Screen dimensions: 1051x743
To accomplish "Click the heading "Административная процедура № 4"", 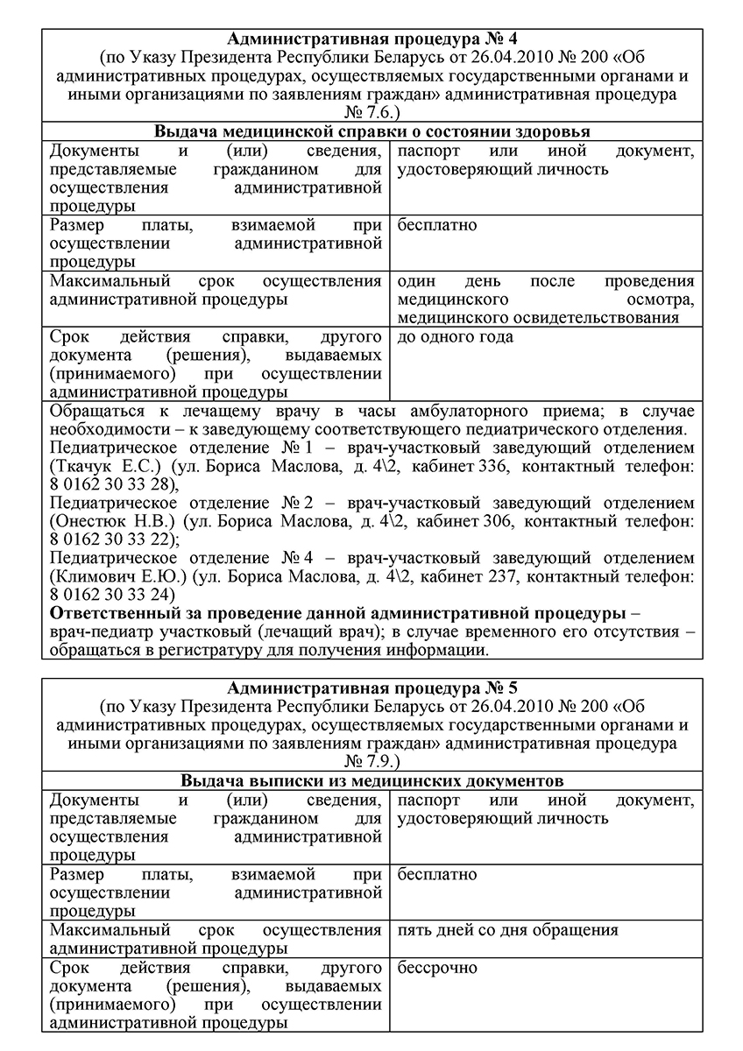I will pos(371,39).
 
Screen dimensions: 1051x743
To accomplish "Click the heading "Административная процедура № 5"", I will pos(371,688).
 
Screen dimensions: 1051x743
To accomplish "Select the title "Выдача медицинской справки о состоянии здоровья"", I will pos(371,131).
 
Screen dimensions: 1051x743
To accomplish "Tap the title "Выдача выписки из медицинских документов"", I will pos(371,780).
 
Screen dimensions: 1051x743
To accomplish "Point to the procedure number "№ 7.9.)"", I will pos(371,761).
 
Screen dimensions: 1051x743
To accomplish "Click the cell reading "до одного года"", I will pos(455,337).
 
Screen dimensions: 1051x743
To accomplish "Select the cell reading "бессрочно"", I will pos(437,968).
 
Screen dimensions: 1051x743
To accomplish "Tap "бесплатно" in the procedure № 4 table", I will pos(436,226).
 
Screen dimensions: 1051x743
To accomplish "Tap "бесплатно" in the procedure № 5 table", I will pos(436,875).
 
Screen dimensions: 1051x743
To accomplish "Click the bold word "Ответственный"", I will pos(109,615).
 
